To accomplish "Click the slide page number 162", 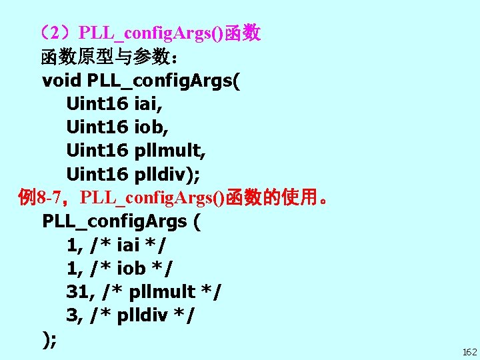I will click(x=469, y=351).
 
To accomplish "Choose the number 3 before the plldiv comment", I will click(x=73, y=315).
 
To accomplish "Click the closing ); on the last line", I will click(x=49, y=339).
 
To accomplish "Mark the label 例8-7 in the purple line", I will click(x=41, y=198).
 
